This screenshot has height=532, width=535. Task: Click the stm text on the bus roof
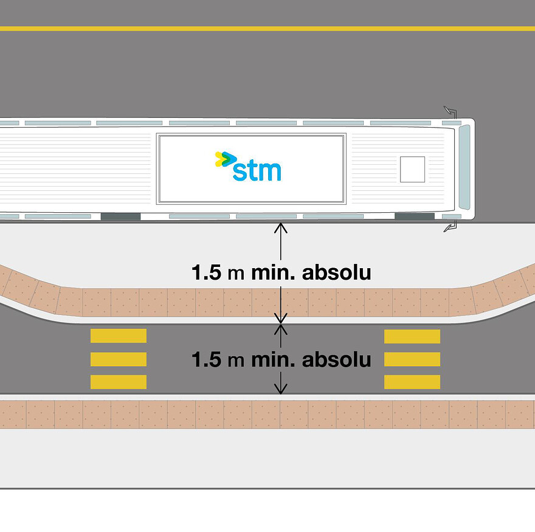coord(257,170)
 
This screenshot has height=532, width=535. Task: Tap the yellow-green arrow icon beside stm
coord(225,159)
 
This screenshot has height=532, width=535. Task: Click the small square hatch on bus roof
coord(412,169)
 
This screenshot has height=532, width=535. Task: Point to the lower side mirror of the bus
coord(450,227)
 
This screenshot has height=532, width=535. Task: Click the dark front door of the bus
coord(414,216)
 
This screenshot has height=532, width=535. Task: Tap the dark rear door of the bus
coord(120,216)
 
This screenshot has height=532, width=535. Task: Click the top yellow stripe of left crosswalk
coord(119,336)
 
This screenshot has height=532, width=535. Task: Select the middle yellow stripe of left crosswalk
coord(119,359)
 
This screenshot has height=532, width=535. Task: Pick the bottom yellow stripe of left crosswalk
coord(119,382)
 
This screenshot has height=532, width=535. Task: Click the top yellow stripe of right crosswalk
coord(412,336)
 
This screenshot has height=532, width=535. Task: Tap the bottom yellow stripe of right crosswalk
coord(412,382)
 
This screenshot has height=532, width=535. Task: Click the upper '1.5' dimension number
coord(207,272)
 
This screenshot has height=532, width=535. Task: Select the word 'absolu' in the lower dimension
coord(336,359)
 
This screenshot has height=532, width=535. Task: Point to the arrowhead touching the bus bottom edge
coord(280,227)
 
